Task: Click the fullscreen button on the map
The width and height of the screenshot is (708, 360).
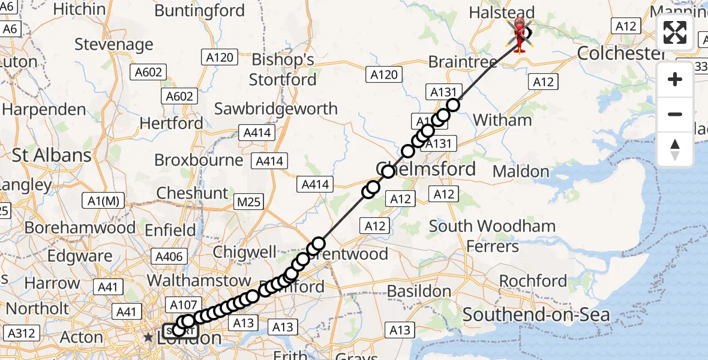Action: [x=675, y=32]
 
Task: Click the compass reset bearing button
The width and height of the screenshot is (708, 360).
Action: [x=675, y=149]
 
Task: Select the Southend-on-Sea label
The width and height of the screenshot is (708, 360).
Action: [x=536, y=314]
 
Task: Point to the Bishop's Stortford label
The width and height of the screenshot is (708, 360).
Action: [x=283, y=70]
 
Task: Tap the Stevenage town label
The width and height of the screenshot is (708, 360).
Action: [x=115, y=45]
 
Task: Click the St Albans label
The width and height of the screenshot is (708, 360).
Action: [x=52, y=155]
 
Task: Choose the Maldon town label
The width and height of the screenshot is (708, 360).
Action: [x=521, y=172]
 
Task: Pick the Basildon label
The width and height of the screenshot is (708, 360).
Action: [x=419, y=291]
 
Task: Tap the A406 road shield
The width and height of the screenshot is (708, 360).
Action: [x=169, y=257]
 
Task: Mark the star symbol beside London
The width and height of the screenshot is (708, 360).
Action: [x=148, y=338]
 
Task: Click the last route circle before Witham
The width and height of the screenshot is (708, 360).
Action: [x=452, y=105]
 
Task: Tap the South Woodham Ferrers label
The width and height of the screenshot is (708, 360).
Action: [x=492, y=236]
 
